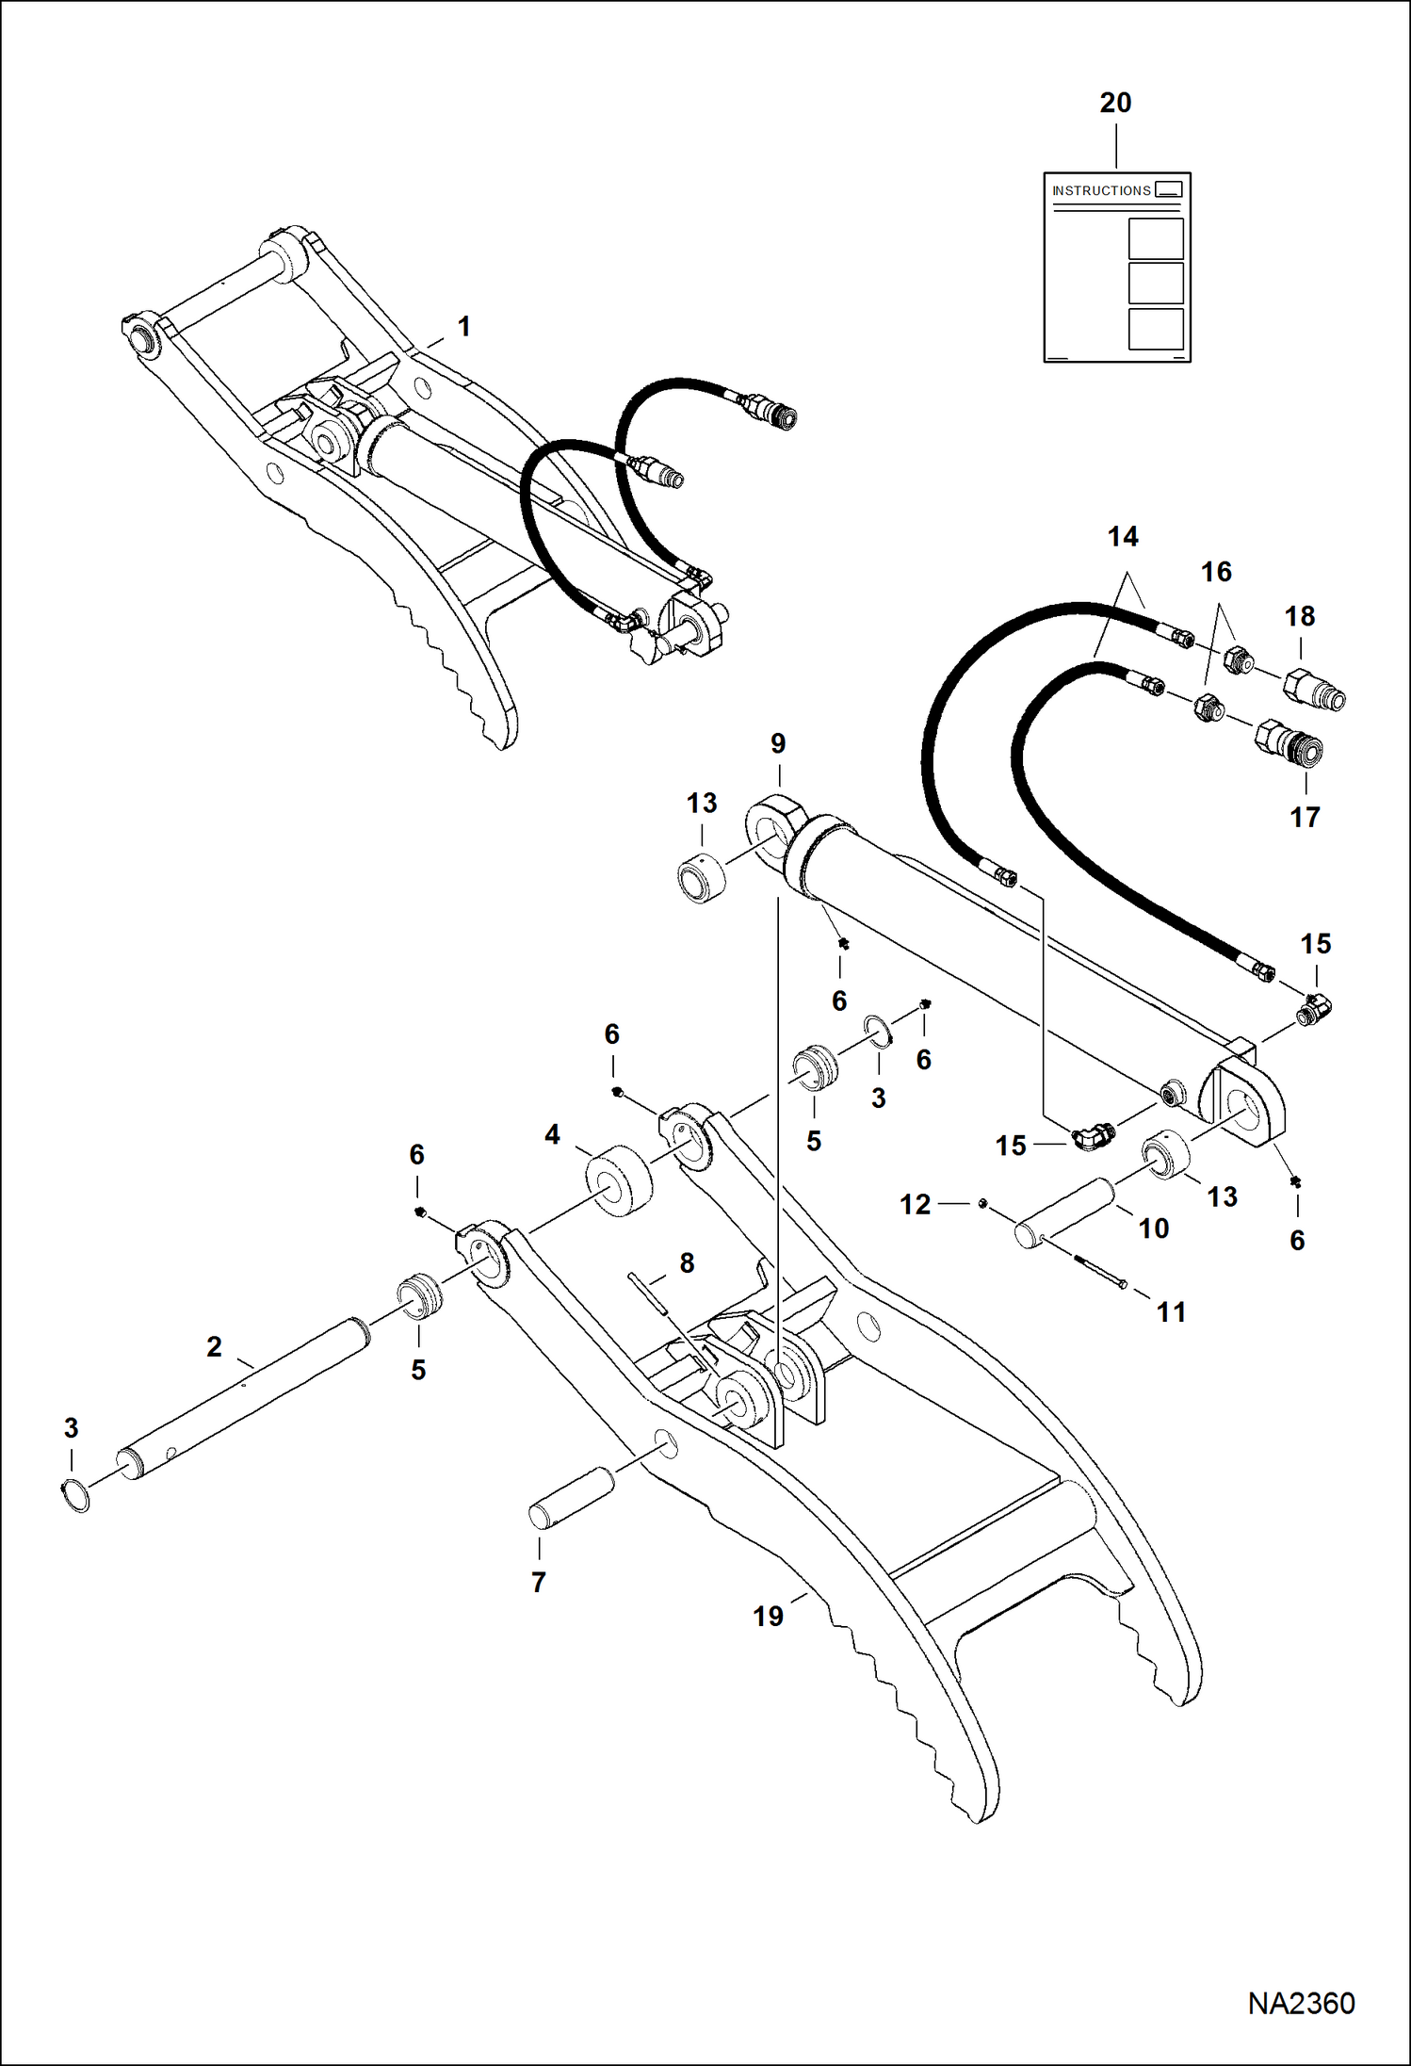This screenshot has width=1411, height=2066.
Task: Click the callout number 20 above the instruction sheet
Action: coord(1115,103)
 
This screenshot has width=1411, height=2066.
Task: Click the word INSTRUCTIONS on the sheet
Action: coord(1101,190)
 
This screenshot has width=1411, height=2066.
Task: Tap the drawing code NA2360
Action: coord(1301,2004)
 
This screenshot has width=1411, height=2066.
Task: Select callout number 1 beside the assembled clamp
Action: coord(463,327)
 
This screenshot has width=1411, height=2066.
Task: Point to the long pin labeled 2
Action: coord(245,1393)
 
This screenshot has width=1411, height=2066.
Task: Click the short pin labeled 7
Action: coord(571,1497)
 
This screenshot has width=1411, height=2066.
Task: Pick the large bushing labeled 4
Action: coord(619,1180)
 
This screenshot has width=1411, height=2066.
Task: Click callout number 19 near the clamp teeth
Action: coord(768,1617)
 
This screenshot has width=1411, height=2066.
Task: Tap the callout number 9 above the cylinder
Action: coord(778,743)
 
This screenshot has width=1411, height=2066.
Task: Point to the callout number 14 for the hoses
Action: coord(1123,537)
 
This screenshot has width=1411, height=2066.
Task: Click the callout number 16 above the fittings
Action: coord(1216,572)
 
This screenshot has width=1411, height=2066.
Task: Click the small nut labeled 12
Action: coord(981,1203)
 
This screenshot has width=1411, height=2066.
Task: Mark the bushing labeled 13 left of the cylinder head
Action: coord(703,877)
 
